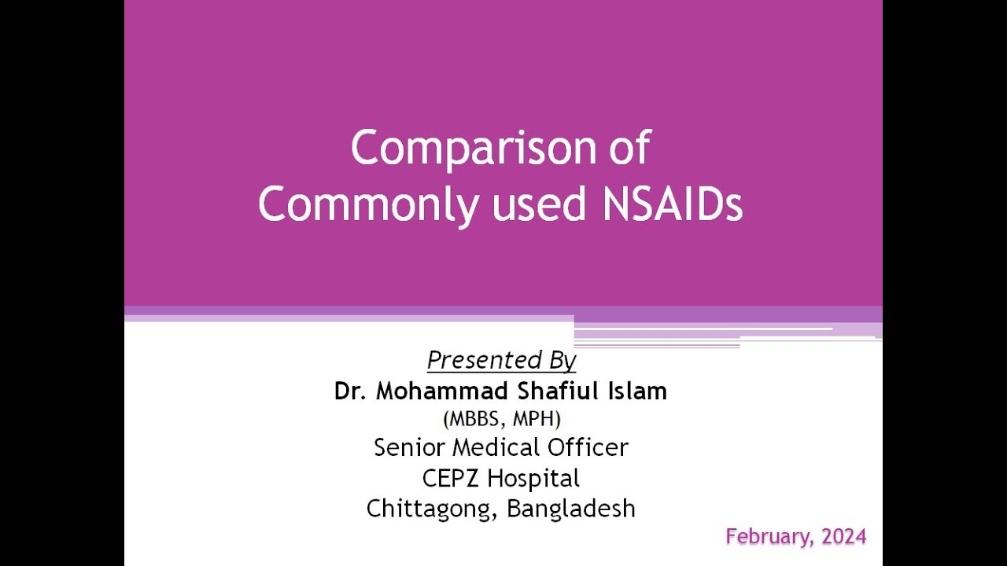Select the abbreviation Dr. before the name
[x=350, y=391]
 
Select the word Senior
[x=409, y=447]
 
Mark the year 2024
[x=843, y=537]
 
